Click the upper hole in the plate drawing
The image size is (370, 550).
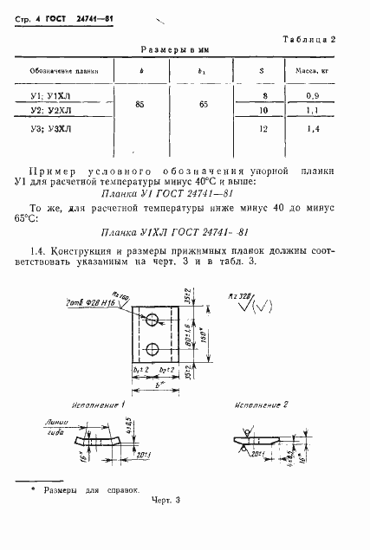152,320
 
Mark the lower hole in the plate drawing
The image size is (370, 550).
152,350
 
